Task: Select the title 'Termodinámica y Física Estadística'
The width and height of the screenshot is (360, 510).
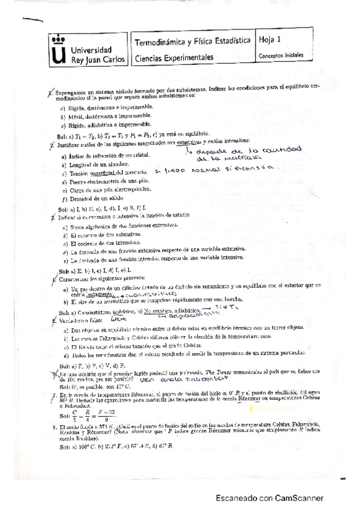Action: [x=193, y=43]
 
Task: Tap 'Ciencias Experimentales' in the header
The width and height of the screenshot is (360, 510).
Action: [x=174, y=58]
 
